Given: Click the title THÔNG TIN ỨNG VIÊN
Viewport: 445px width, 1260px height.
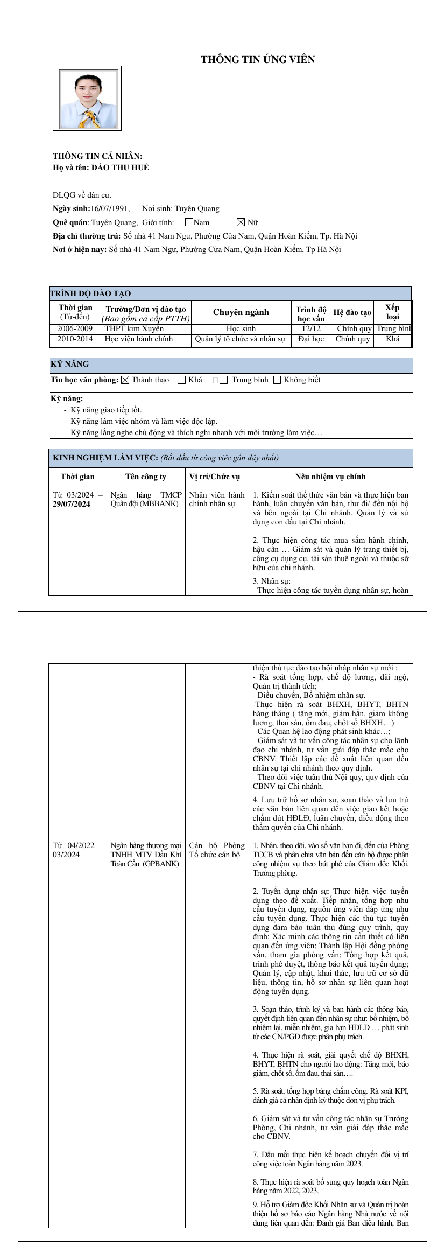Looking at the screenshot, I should pos(258,60).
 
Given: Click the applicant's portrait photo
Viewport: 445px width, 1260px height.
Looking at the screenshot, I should pos(87,99).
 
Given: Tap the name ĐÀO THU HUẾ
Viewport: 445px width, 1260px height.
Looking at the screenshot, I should pos(120,167).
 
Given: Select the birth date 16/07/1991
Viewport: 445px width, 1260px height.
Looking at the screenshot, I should pos(110,208).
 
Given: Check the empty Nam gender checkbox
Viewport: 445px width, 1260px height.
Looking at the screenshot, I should pos(189,222).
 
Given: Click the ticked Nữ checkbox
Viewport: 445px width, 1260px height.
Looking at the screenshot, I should pos(241,222).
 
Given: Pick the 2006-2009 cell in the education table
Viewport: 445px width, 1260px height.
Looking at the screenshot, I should pos(75,328).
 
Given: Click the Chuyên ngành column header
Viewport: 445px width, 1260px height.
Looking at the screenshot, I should pos(241,312).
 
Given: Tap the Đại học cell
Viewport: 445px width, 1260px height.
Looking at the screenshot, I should pos(311,339).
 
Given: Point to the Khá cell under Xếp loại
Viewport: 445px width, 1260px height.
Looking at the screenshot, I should pos(393,339).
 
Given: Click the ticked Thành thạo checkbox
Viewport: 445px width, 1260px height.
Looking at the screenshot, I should pos(125,380).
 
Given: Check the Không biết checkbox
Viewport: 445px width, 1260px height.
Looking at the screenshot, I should pos(277,380).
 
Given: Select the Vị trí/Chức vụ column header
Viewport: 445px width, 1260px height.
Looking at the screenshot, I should pos(215,477).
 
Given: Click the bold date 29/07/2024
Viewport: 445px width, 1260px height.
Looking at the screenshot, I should pos(72,504).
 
